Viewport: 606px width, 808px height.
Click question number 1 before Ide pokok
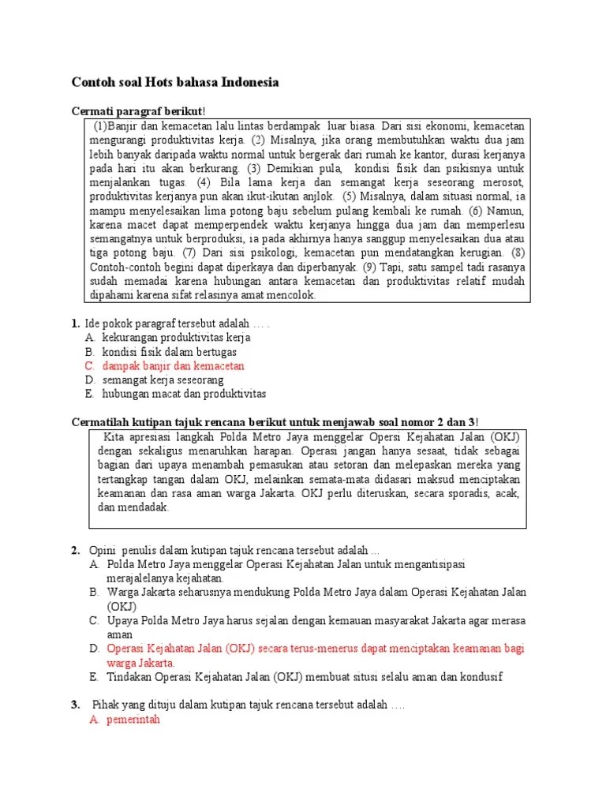click(75, 323)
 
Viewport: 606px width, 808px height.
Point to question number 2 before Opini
click(75, 549)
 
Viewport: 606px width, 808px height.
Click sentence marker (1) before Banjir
click(100, 126)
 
